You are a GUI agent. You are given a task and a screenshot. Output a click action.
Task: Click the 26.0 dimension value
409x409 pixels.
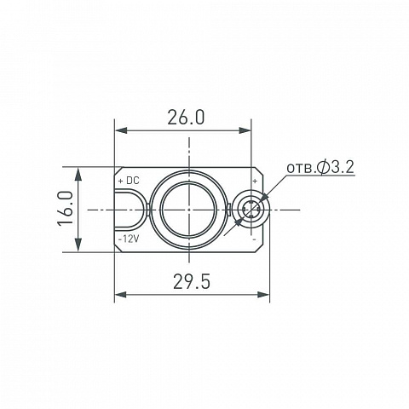coord(186,118)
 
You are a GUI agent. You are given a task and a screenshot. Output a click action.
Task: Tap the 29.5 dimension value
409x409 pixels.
coord(192,282)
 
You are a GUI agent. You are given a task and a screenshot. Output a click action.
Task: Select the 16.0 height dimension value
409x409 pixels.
coord(66,209)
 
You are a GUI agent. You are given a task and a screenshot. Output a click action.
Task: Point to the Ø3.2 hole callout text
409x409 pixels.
coord(336,168)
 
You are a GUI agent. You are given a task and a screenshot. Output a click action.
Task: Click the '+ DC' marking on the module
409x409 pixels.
coord(129,181)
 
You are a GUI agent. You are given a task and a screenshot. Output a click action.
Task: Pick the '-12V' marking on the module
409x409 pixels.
coord(129,239)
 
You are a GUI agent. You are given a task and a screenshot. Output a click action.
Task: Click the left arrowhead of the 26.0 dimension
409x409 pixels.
coord(121,130)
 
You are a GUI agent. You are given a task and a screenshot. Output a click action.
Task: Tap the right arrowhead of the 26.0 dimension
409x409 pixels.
coord(245,130)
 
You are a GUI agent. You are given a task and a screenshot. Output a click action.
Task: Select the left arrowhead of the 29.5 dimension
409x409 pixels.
coord(120,295)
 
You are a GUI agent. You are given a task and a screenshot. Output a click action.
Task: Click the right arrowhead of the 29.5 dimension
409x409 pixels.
coord(263,295)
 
